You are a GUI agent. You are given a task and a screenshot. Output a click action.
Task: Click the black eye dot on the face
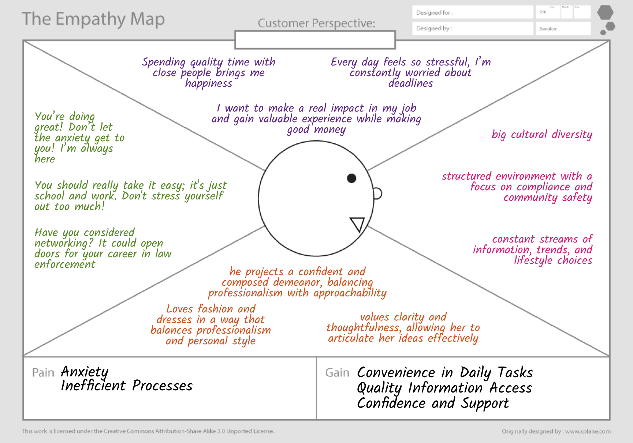coord(351,178)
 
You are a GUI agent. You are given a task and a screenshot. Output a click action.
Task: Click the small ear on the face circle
coord(377,194)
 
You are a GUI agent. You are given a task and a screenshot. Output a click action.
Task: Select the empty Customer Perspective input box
coord(315,40)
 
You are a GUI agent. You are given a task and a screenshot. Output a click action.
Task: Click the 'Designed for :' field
coord(472,12)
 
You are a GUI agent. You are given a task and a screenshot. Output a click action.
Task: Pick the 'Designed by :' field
coord(472,29)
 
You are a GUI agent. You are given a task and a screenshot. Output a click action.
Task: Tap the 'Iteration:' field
coord(563,29)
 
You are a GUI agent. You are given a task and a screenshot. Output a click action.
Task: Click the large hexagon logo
coord(605,12)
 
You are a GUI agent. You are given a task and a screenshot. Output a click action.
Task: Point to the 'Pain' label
coord(43,372)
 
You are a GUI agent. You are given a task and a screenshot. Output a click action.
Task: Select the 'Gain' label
coord(337,372)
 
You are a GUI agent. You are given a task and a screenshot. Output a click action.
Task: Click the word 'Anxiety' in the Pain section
coord(85,372)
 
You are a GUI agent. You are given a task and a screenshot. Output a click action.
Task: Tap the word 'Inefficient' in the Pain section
coord(93,386)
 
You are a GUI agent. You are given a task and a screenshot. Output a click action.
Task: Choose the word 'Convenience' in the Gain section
coord(396,372)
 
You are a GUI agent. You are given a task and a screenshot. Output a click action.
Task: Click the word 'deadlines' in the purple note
coord(410,83)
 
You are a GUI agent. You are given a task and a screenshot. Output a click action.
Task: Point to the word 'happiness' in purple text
coord(208,84)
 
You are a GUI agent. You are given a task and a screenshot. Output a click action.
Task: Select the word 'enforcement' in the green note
coord(65,264)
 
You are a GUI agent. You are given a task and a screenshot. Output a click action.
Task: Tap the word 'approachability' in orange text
coord(350,293)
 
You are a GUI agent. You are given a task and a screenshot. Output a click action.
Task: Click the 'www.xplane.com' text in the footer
coord(588,431)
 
